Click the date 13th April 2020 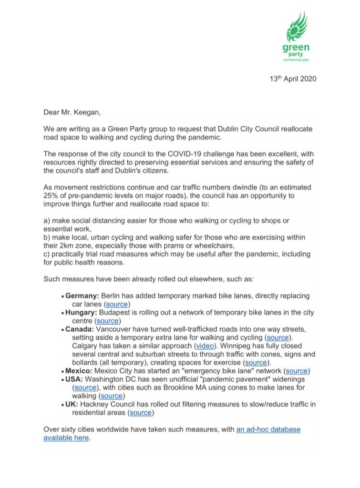[292, 79]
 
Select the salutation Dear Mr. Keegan [72, 113]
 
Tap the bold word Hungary [81, 313]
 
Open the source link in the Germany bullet [117, 304]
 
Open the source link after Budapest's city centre [107, 321]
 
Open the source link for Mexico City [297, 370]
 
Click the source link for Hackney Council [141, 412]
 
